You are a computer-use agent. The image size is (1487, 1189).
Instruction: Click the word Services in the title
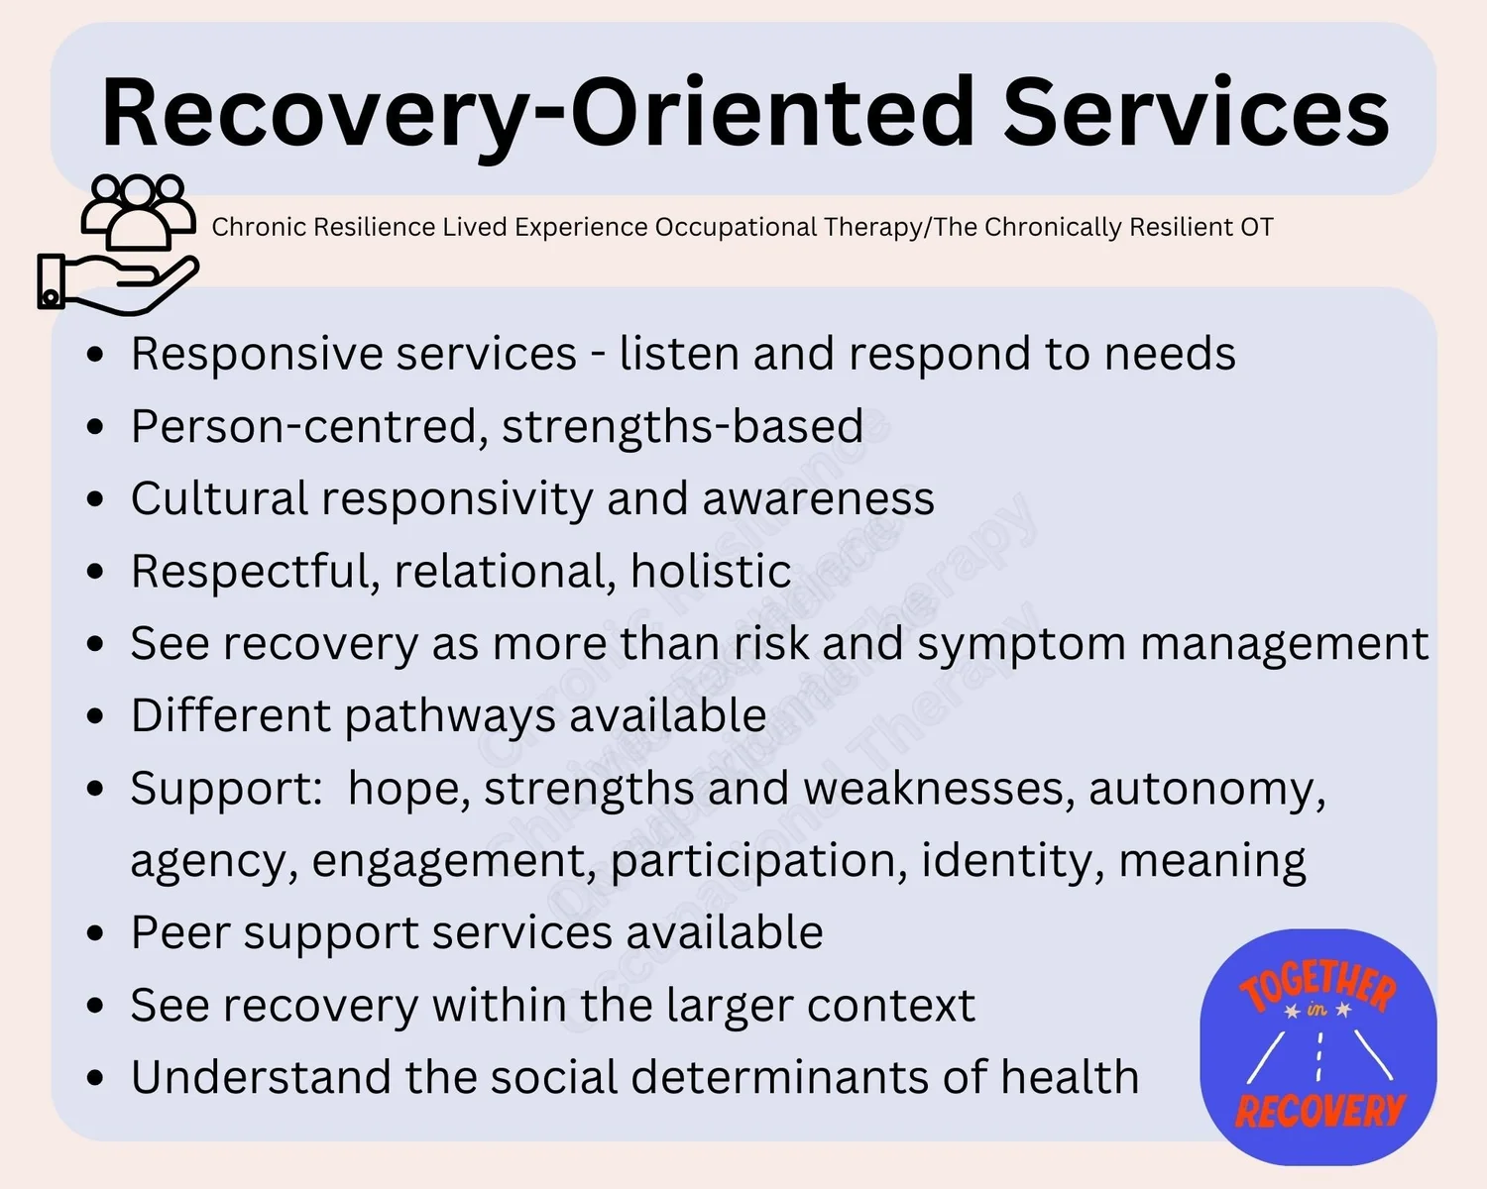click(x=1196, y=113)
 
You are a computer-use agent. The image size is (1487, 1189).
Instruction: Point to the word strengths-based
click(x=682, y=427)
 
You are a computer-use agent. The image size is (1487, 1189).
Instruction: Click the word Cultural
click(x=219, y=498)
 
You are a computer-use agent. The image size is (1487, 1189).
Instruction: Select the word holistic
click(x=710, y=572)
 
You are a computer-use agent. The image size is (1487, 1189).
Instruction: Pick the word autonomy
click(x=1206, y=790)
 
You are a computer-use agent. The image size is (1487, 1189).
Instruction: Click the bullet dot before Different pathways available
click(x=95, y=716)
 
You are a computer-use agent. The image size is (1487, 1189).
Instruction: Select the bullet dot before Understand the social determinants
click(x=95, y=1078)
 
